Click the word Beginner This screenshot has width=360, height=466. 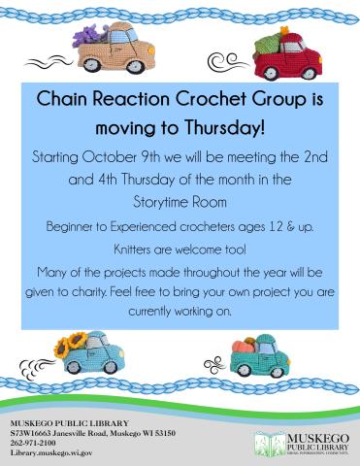point(73,227)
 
